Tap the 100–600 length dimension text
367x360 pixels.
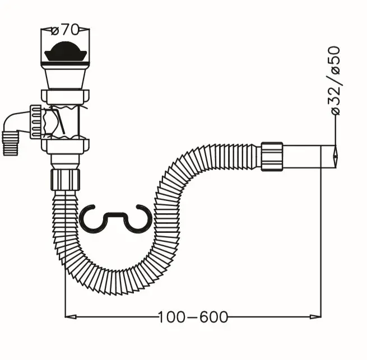(x=193, y=317)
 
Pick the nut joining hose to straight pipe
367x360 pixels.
(x=272, y=156)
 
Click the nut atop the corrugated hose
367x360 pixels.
(x=65, y=179)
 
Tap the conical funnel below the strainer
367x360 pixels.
(x=65, y=76)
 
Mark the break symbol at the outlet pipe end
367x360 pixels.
(x=335, y=156)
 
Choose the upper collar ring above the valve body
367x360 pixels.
(x=65, y=99)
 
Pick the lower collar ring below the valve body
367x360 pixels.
(x=65, y=147)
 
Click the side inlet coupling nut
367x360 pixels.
(x=36, y=121)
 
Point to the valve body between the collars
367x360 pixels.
(x=65, y=121)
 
